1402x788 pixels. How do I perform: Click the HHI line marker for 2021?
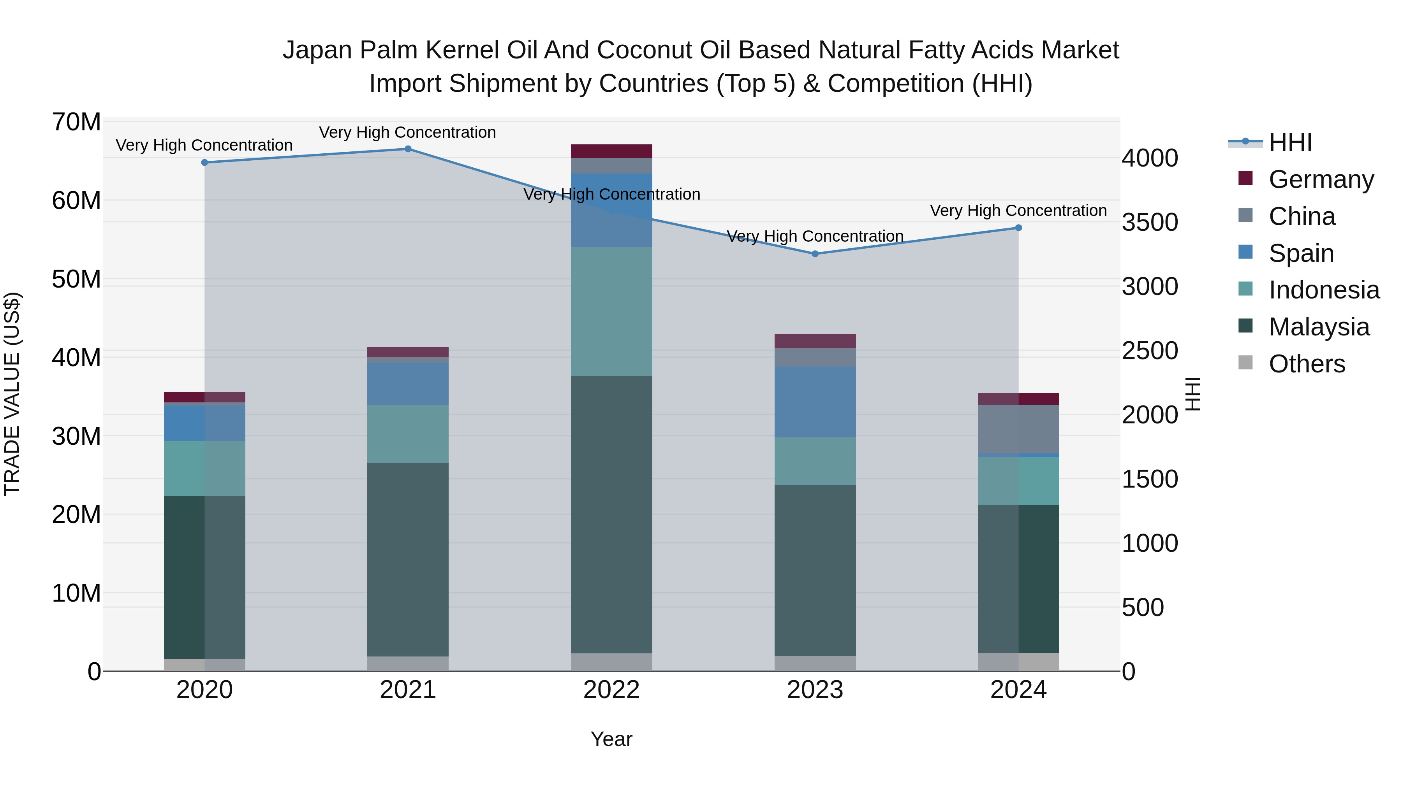point(408,149)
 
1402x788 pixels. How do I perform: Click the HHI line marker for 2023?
point(815,254)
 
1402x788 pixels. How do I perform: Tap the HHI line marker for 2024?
point(1018,228)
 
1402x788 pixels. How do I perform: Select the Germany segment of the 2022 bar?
point(611,151)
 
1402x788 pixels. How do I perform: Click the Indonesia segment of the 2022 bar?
point(611,312)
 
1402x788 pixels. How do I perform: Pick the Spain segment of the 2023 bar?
point(815,402)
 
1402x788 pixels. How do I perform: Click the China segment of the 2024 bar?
point(1018,429)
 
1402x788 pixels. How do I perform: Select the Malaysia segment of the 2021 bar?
point(408,560)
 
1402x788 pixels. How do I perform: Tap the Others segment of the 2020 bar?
point(204,665)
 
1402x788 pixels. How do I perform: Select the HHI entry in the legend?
point(1290,142)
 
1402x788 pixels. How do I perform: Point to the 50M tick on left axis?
point(76,279)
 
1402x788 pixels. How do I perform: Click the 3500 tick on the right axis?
point(1150,223)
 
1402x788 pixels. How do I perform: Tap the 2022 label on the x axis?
point(611,690)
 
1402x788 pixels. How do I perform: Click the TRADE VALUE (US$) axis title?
point(12,394)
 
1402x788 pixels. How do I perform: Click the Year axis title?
point(611,739)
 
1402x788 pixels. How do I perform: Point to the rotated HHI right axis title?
point(1192,394)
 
